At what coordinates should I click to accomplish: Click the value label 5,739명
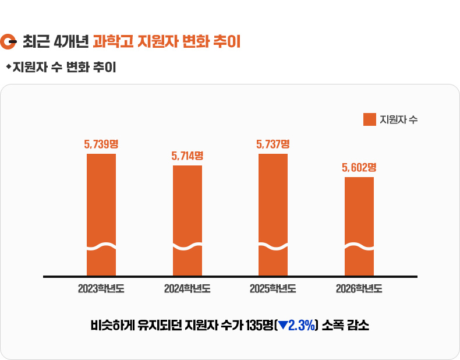coord(101,144)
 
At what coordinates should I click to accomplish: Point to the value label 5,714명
coord(187,156)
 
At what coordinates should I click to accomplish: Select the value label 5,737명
coord(273,144)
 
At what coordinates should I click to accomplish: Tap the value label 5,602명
coord(359,167)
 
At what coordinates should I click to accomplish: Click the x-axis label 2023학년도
coord(101,288)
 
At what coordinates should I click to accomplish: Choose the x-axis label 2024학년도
coord(187,288)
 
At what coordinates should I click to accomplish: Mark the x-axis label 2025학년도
coord(273,288)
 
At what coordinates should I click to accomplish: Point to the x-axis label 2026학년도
coord(359,288)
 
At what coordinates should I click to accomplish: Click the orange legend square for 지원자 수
coord(369,119)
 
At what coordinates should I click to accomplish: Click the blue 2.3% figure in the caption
coord(302,325)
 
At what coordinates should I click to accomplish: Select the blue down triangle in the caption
coord(282,325)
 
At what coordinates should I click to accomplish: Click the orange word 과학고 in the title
coord(109,42)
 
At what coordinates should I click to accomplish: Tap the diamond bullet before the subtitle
coord(8,67)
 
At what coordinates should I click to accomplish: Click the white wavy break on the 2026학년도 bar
coord(359,247)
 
